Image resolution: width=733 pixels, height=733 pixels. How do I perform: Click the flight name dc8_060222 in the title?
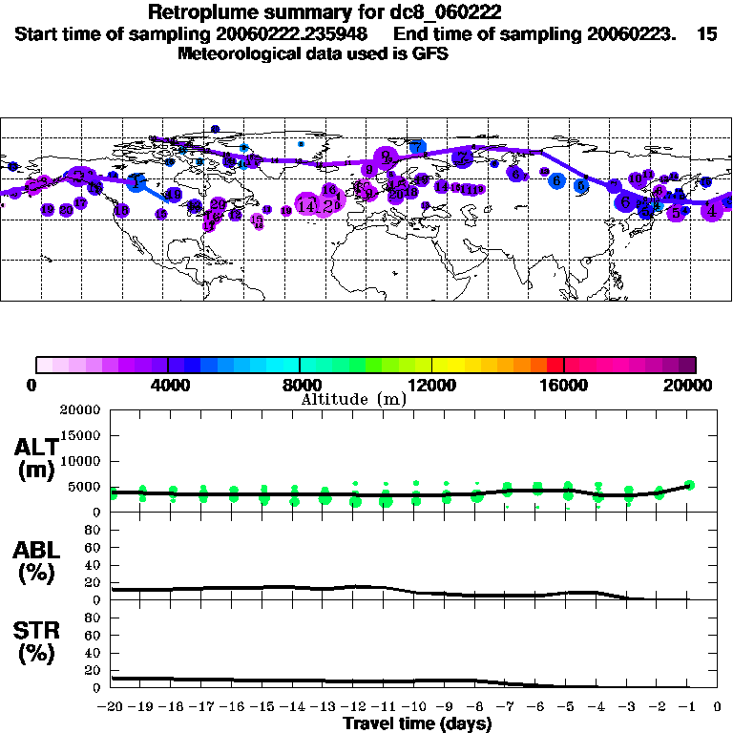(443, 12)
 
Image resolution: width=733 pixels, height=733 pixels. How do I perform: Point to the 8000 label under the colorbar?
(299, 385)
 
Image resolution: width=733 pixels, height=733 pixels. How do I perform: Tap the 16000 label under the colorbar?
(564, 385)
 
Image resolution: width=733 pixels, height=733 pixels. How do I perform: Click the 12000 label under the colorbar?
(432, 385)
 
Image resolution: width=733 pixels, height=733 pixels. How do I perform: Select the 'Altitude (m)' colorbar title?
(353, 399)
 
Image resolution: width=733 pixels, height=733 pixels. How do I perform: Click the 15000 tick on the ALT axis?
(80, 435)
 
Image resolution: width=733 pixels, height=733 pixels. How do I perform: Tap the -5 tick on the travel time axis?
(568, 708)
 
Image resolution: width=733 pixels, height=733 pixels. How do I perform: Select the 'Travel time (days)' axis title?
(418, 724)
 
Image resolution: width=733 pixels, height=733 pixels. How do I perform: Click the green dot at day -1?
(689, 485)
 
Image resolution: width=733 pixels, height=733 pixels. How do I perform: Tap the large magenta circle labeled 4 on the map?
(712, 211)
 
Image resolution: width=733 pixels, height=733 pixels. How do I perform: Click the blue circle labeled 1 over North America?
(136, 182)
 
